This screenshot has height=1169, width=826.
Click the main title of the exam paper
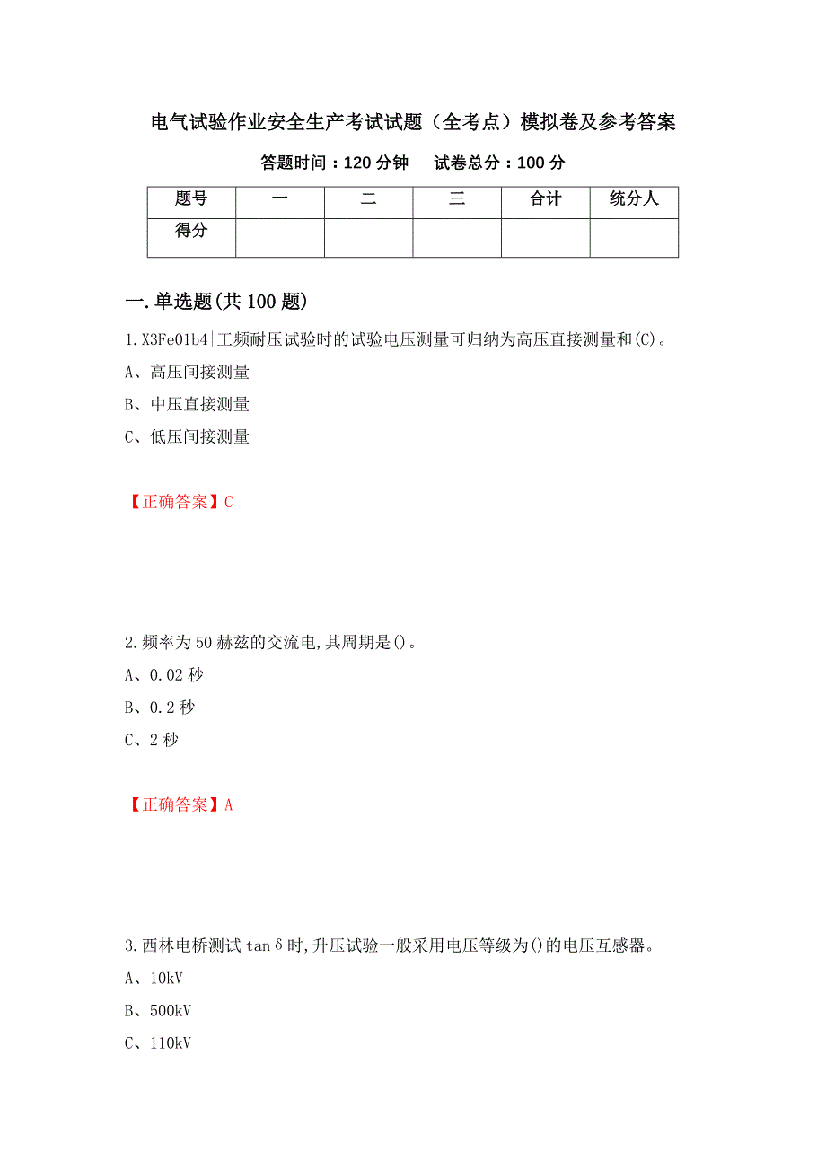[413, 122]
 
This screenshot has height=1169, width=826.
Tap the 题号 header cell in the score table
[191, 199]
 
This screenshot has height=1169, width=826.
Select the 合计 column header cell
[545, 199]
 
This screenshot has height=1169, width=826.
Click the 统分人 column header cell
[634, 199]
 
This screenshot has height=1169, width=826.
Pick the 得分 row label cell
[191, 231]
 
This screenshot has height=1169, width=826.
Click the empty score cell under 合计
[545, 238]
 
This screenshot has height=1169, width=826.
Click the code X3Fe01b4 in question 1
[175, 339]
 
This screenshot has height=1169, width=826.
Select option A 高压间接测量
[187, 372]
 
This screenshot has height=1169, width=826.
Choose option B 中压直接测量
[187, 404]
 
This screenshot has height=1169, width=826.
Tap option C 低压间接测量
[187, 436]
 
